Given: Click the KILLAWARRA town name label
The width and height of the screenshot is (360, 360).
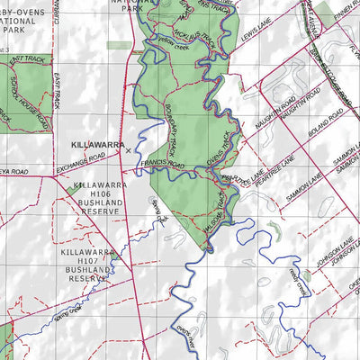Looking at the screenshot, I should pyautogui.click(x=96, y=143).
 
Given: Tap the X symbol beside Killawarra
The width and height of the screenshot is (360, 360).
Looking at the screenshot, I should pyautogui.click(x=129, y=150).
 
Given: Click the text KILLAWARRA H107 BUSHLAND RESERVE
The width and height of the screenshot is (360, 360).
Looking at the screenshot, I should pyautogui.click(x=88, y=267).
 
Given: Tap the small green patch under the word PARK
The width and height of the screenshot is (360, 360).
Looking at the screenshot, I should pyautogui.click(x=116, y=44).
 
